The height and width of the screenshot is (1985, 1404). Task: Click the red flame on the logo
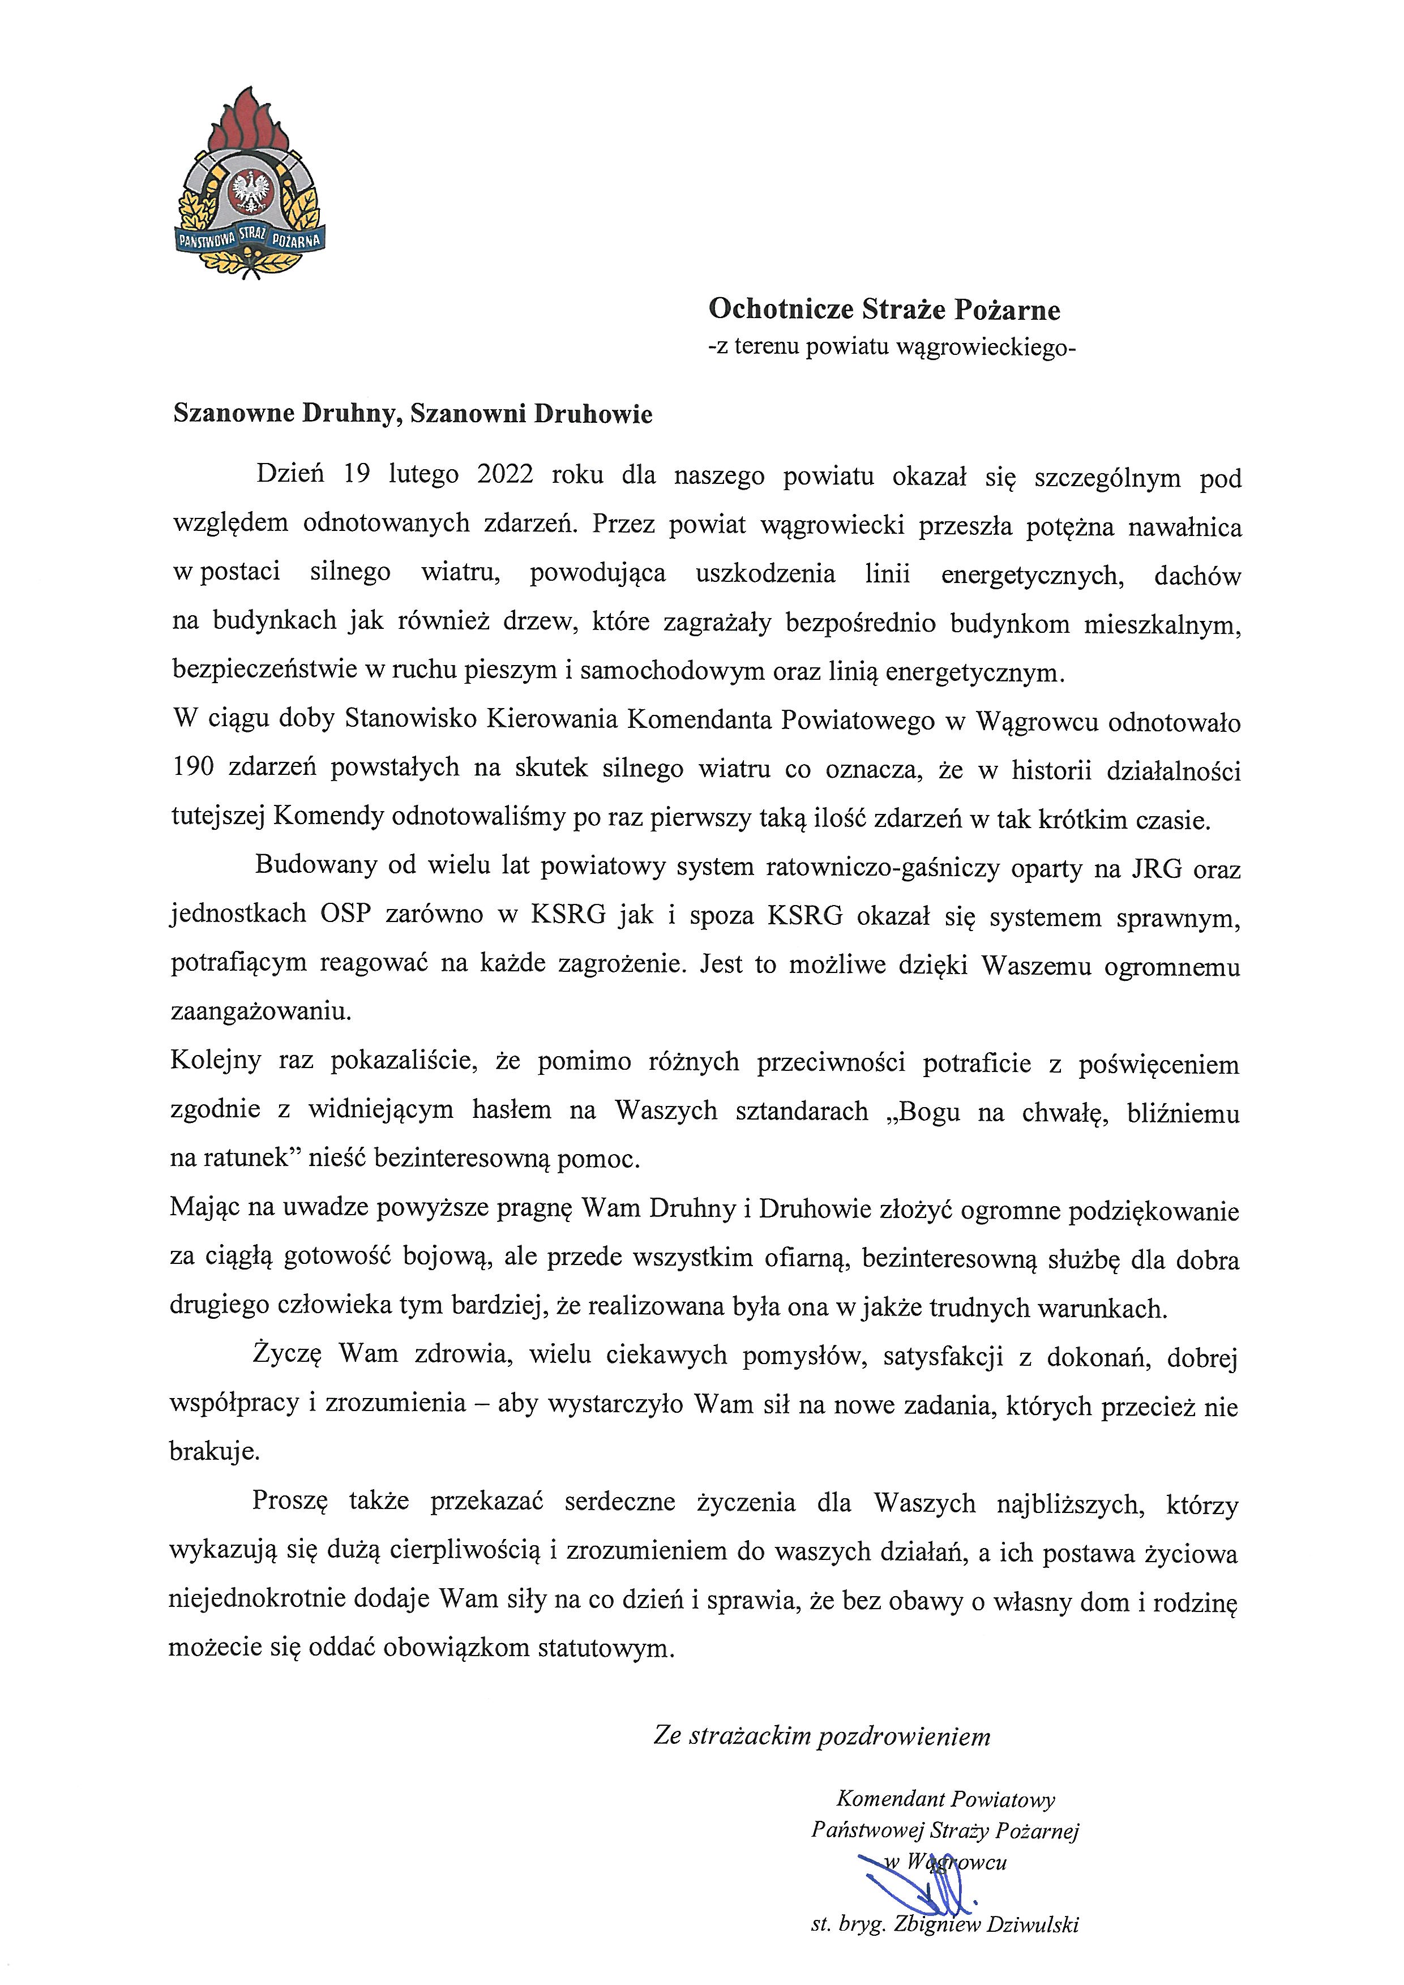click(x=250, y=121)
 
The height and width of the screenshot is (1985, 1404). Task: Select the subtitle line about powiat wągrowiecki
click(x=891, y=348)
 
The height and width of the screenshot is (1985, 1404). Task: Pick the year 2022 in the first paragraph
click(x=505, y=475)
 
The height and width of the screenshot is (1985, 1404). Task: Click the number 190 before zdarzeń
click(x=191, y=768)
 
